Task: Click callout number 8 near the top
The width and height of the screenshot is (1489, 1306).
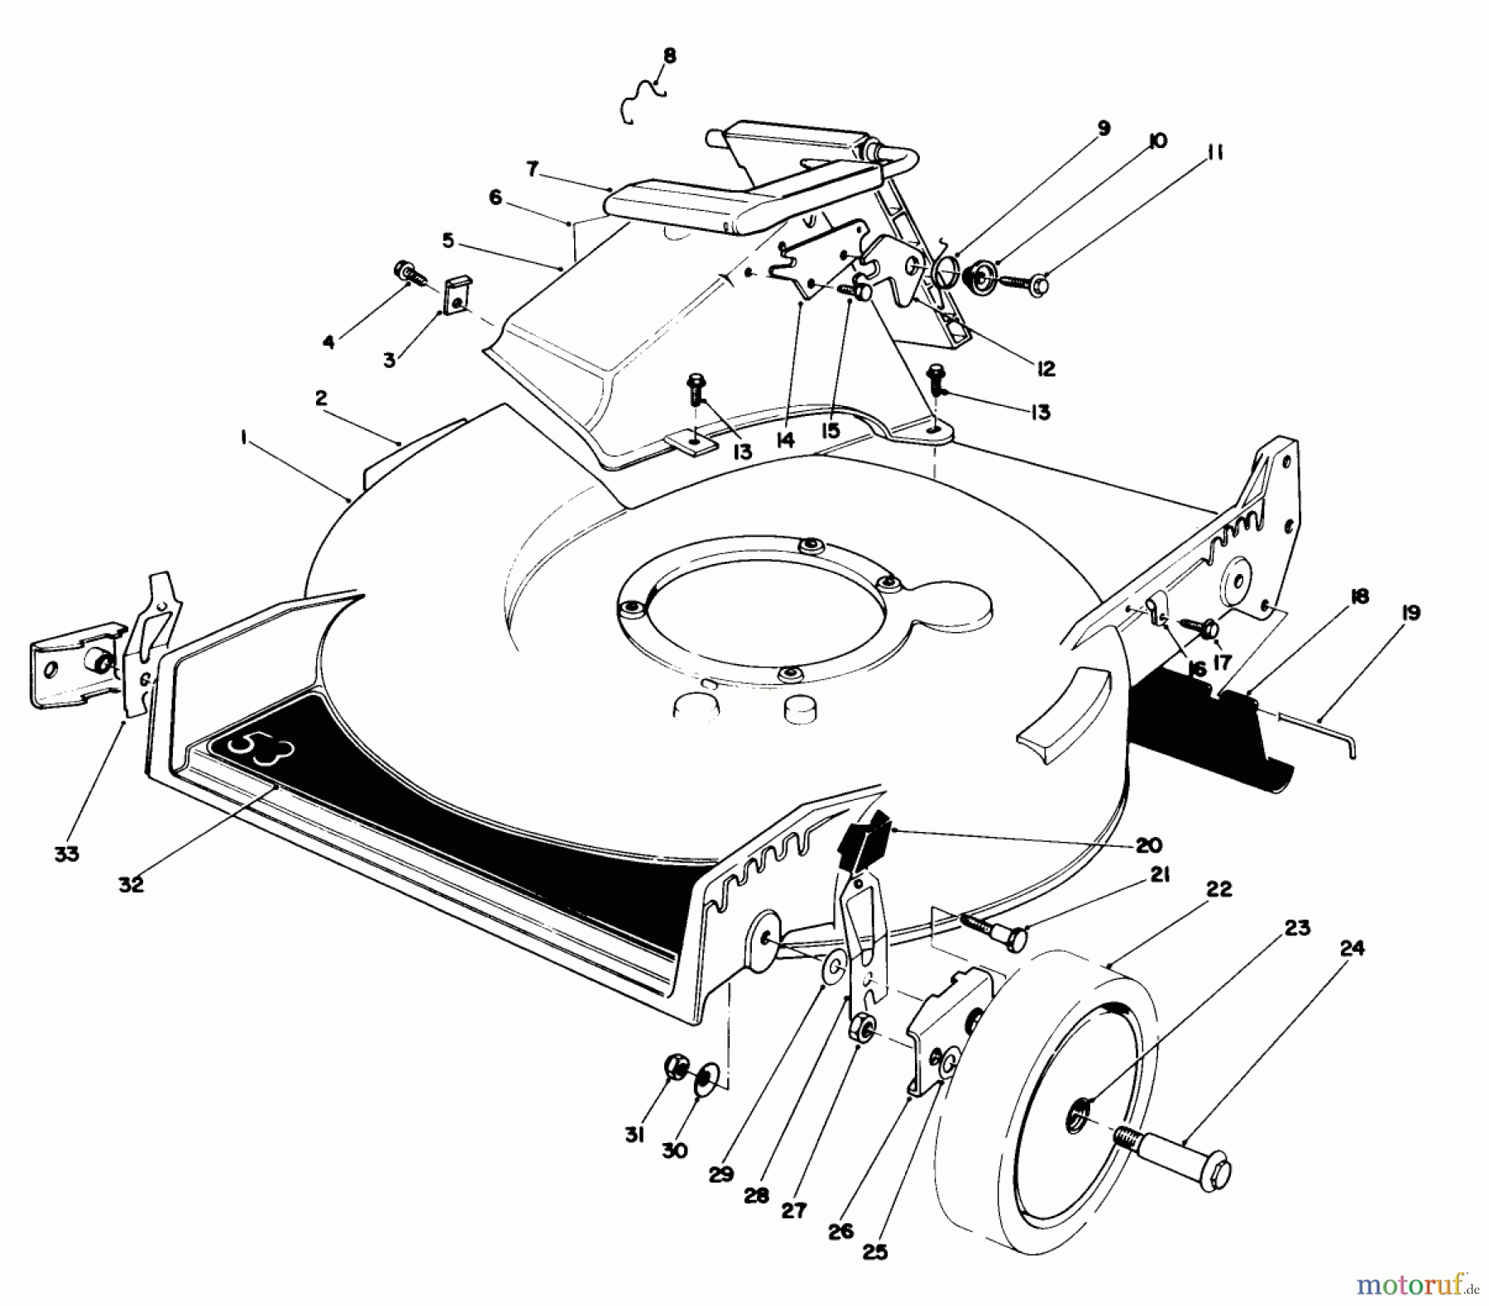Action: (x=669, y=56)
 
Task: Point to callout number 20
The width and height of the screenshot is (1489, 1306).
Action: (x=1148, y=844)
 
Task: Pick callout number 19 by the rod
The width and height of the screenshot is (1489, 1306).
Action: (x=1410, y=613)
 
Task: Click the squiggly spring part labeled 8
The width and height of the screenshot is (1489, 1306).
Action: (x=641, y=100)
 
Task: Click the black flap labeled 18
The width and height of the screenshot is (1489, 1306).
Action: (x=1208, y=728)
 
